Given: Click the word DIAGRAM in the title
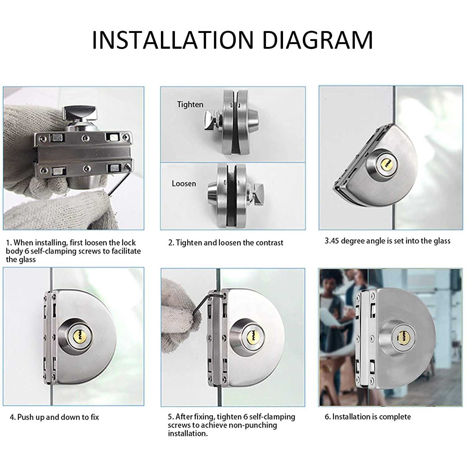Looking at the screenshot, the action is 317,40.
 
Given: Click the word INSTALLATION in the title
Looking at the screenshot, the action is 173,40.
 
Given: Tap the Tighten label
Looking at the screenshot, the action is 190,104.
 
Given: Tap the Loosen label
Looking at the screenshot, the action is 184,183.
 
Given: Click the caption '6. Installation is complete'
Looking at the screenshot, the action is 368,417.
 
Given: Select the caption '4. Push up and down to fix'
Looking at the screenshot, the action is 54,417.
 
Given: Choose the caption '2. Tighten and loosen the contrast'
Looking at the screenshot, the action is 226,243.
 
